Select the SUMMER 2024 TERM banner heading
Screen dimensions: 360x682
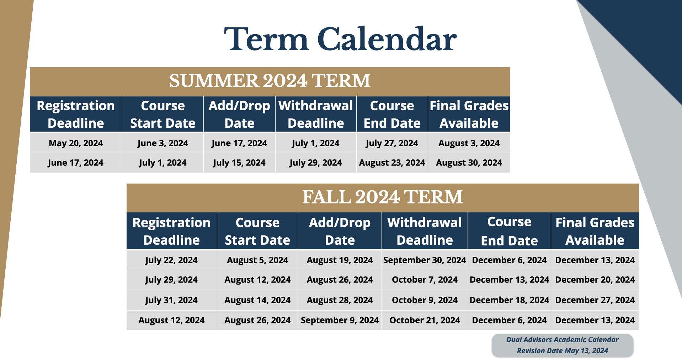click(x=270, y=81)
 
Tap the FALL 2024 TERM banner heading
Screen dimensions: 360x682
click(x=382, y=197)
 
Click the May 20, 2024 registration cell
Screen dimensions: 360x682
click(x=76, y=143)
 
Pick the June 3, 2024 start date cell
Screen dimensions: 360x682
click(x=162, y=143)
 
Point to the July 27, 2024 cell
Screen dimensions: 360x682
click(x=392, y=143)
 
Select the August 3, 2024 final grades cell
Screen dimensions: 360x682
click(x=469, y=143)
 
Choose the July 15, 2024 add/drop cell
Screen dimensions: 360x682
click(x=239, y=163)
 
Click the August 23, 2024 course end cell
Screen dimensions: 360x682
click(x=392, y=163)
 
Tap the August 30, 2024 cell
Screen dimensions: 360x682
click(x=469, y=163)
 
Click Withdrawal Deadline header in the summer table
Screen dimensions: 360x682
click(x=316, y=114)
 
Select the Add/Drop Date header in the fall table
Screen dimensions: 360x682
click(x=340, y=231)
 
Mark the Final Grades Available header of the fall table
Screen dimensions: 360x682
click(x=595, y=231)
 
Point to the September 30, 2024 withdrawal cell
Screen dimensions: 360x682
click(x=424, y=260)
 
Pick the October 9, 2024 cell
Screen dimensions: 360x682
click(x=424, y=300)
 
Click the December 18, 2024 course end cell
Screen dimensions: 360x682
click(x=509, y=300)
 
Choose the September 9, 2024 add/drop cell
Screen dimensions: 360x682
click(x=340, y=321)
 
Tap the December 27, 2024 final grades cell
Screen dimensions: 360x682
click(x=595, y=300)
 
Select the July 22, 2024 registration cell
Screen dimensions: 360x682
click(x=171, y=260)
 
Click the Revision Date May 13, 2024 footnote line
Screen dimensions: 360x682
click(x=562, y=351)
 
